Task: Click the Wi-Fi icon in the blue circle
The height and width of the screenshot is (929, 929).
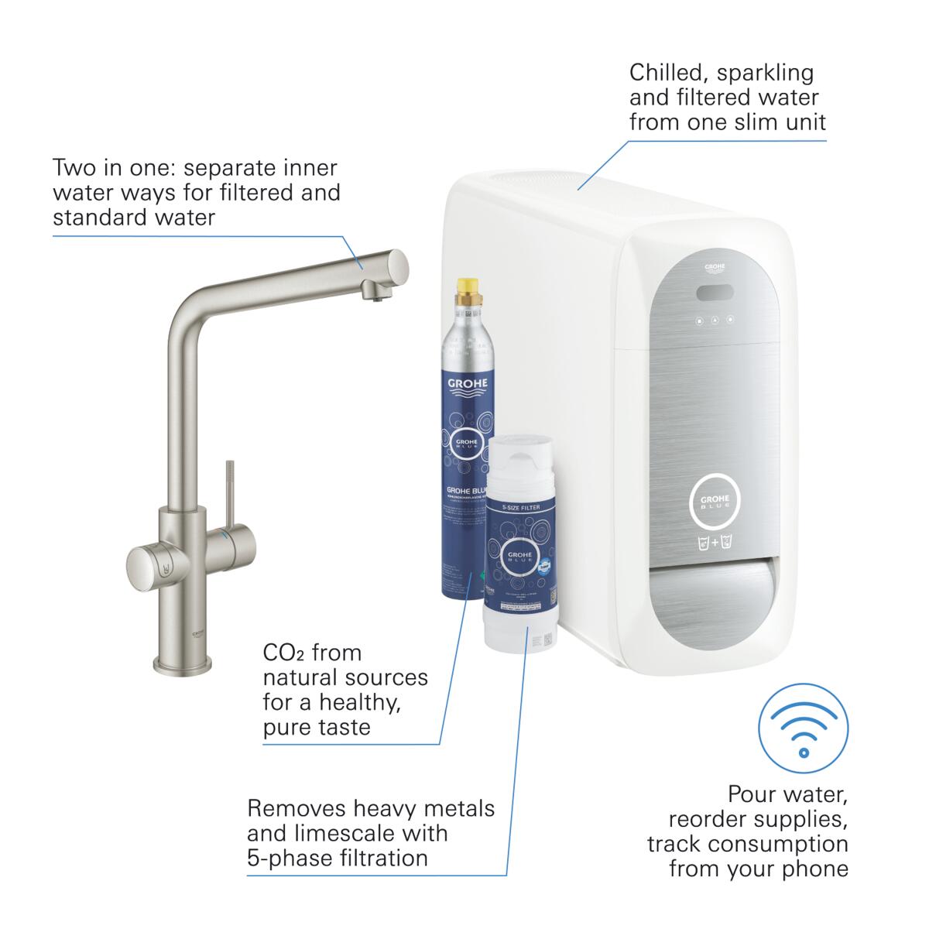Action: coord(803,728)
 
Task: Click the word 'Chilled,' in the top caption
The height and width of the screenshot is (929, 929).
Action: coord(670,73)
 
